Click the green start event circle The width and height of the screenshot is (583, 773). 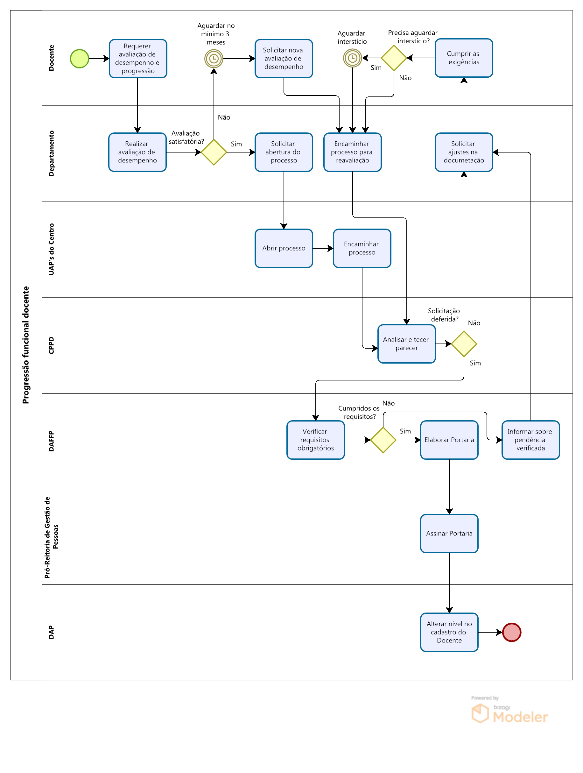(x=80, y=59)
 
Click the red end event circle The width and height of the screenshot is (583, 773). (x=511, y=632)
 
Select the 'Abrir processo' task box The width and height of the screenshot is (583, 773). (x=284, y=248)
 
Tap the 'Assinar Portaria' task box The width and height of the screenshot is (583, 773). (x=449, y=534)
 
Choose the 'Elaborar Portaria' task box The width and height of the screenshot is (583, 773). (x=449, y=440)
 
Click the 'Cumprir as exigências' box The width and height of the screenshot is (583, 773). (x=464, y=58)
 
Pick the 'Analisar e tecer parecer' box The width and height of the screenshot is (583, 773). (x=406, y=344)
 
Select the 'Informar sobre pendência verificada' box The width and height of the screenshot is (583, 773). (x=530, y=440)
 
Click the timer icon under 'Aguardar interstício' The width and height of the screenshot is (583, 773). (x=353, y=58)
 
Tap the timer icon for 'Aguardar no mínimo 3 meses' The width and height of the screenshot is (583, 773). (x=214, y=59)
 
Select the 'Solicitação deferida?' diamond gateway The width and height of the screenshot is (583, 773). (x=464, y=344)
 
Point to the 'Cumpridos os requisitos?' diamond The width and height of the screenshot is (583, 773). (x=383, y=440)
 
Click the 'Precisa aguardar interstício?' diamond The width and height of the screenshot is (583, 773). (x=394, y=58)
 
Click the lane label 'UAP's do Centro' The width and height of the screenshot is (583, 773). (x=51, y=249)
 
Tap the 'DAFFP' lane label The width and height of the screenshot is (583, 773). (x=51, y=441)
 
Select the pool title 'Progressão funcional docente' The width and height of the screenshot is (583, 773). (x=26, y=345)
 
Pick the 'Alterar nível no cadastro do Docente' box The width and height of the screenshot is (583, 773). (x=449, y=632)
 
